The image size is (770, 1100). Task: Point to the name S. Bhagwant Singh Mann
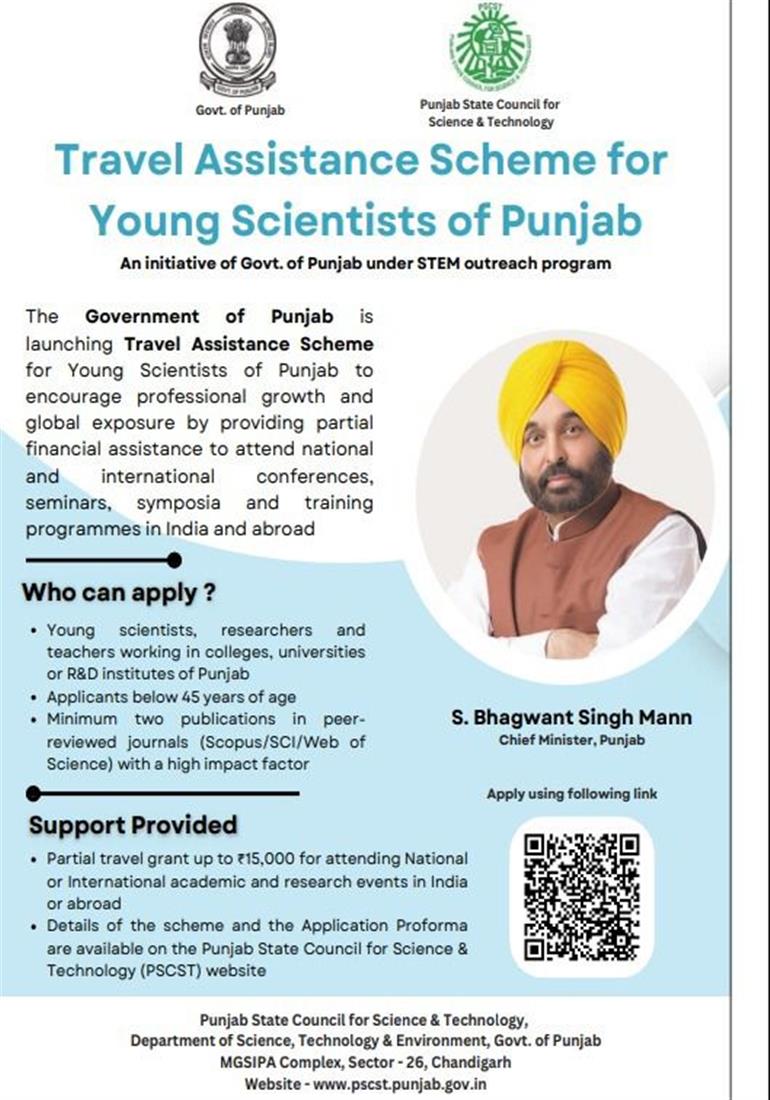(x=571, y=718)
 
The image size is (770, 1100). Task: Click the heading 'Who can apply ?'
(x=119, y=591)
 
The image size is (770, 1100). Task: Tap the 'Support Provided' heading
(x=133, y=825)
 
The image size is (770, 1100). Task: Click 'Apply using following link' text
(x=571, y=794)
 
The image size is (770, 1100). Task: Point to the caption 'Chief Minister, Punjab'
(x=571, y=740)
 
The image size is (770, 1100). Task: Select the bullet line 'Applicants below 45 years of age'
(x=171, y=696)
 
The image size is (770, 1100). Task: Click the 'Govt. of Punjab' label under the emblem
(x=239, y=110)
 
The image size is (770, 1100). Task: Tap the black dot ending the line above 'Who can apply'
(x=174, y=559)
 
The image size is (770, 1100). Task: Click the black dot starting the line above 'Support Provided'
(x=34, y=794)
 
